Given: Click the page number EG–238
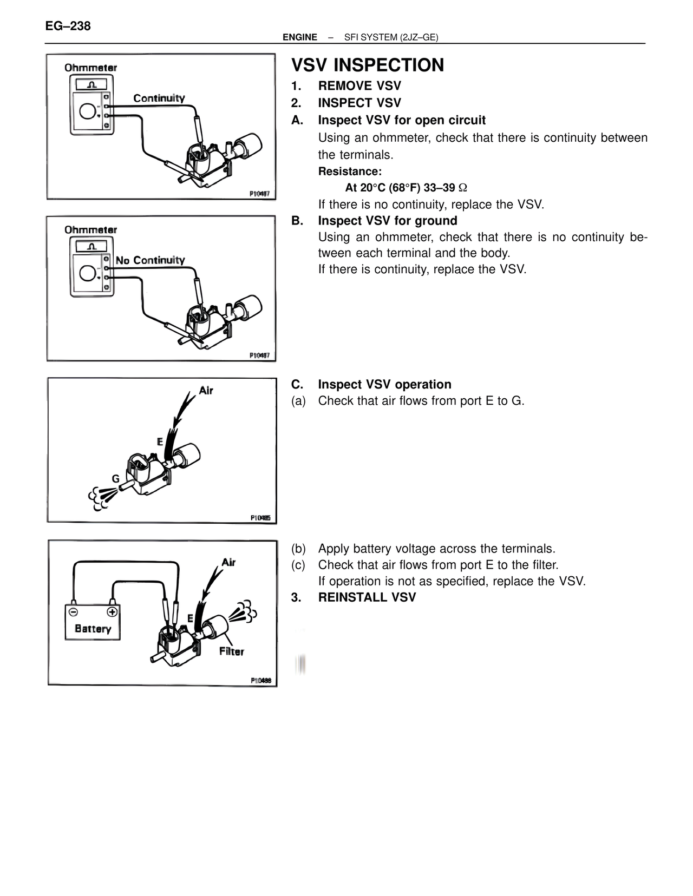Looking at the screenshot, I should click(68, 26).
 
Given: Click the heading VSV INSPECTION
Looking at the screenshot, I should click(368, 65).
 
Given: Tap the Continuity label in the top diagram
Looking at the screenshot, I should click(159, 98).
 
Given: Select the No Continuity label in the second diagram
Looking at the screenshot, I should click(150, 260).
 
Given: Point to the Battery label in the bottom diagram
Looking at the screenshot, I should click(93, 629).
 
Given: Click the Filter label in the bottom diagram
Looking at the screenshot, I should click(231, 651).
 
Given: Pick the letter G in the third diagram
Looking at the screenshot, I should click(115, 479).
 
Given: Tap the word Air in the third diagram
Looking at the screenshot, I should click(206, 390).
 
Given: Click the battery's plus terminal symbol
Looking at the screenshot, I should click(112, 612).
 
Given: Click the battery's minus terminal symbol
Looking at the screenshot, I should click(73, 612).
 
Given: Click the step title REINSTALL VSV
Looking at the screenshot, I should click(367, 597).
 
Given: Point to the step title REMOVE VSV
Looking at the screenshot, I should click(359, 86).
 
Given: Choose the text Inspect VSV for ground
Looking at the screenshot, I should click(388, 221).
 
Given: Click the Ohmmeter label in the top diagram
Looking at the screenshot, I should click(90, 68).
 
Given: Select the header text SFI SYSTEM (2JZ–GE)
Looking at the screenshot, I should click(391, 37).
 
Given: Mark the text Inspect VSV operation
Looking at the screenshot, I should click(384, 384).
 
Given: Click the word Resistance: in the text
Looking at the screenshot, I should click(350, 172).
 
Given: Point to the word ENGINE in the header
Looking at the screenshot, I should click(300, 37).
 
